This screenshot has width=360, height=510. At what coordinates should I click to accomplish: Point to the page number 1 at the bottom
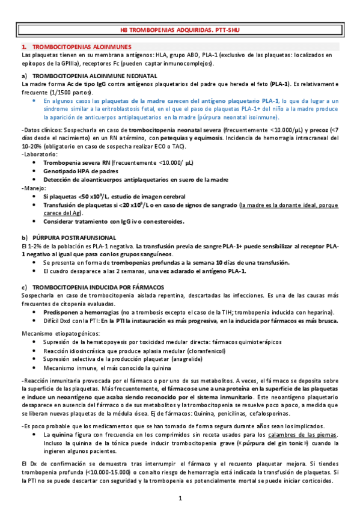tap(180, 499)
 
